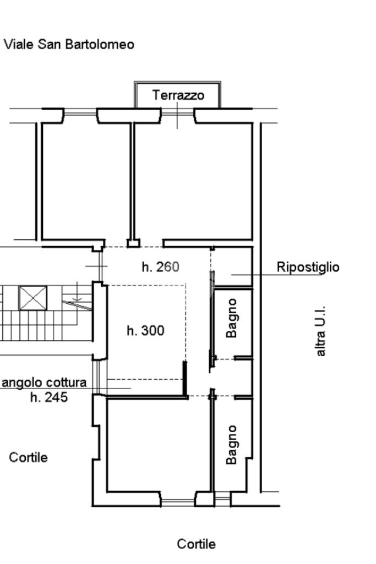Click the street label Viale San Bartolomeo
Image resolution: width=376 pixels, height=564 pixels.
point(69,45)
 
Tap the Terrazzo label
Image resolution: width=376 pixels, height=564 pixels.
point(178,95)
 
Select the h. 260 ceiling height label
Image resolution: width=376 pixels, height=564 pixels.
point(160,267)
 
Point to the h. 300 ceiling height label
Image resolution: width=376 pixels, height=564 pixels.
point(145,331)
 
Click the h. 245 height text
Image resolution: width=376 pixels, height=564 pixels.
point(49,397)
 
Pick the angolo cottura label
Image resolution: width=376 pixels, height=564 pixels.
point(44,383)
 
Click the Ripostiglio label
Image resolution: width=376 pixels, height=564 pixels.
point(308,267)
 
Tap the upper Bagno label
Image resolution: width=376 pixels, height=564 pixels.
point(232,318)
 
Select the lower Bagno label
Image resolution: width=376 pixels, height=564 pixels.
point(232,445)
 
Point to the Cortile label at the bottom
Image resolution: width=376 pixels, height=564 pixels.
point(196,544)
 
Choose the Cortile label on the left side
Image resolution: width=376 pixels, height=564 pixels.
point(28,458)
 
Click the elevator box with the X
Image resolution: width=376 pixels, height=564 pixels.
point(33,298)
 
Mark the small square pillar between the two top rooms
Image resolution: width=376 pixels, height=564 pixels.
point(133,244)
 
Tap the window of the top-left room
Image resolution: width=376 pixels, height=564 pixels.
point(80,114)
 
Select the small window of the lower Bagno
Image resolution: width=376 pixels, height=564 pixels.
point(222,499)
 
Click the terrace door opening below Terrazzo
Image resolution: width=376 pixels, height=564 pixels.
point(177,114)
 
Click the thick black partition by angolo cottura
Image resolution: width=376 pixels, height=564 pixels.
point(184,379)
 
